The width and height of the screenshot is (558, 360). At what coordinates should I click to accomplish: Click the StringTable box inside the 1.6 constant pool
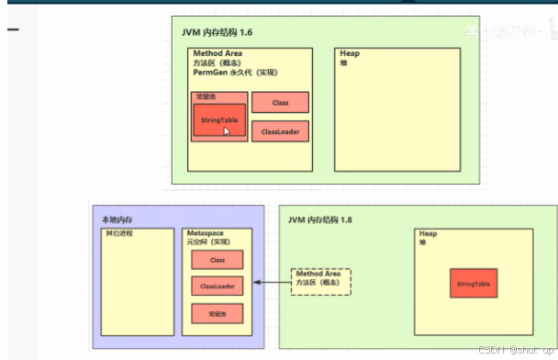(219, 120)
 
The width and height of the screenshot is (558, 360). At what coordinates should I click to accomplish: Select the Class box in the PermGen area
(280, 102)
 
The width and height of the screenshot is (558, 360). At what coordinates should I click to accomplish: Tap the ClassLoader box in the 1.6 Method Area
(280, 131)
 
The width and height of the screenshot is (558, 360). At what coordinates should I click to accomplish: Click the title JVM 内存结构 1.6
(217, 32)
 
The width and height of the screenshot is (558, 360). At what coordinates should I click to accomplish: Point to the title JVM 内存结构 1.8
(320, 219)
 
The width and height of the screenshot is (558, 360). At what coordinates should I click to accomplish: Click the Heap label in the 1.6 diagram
(349, 53)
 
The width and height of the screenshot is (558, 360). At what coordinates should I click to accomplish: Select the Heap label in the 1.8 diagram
(429, 233)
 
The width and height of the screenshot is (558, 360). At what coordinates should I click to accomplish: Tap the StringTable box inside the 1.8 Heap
(474, 284)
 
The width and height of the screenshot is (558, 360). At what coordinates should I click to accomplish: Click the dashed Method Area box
(321, 280)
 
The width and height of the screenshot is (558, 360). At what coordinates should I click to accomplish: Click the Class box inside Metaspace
(218, 260)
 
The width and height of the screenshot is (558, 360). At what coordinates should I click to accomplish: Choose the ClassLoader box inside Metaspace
(218, 287)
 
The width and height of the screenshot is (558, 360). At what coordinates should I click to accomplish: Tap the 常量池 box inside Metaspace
(218, 314)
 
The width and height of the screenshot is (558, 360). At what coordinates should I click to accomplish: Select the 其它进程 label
(119, 233)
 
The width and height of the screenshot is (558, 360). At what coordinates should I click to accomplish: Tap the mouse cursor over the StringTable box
(227, 131)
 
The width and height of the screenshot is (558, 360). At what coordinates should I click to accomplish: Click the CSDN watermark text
(514, 350)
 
